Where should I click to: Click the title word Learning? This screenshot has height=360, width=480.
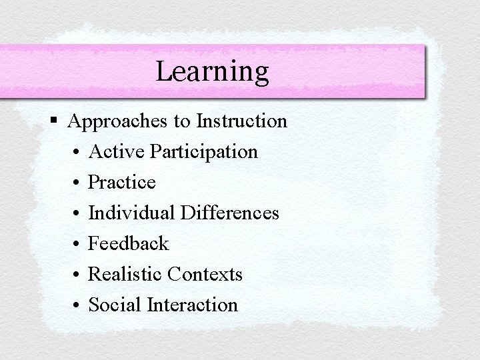pyautogui.click(x=212, y=71)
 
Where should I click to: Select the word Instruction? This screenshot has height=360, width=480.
pyautogui.click(x=242, y=121)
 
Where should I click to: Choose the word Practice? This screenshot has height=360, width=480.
pyautogui.click(x=122, y=182)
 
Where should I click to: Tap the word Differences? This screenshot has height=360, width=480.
pyautogui.click(x=228, y=213)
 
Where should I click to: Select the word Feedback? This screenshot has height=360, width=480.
pyautogui.click(x=129, y=243)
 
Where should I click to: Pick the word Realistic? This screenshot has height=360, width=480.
pyautogui.click(x=125, y=274)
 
